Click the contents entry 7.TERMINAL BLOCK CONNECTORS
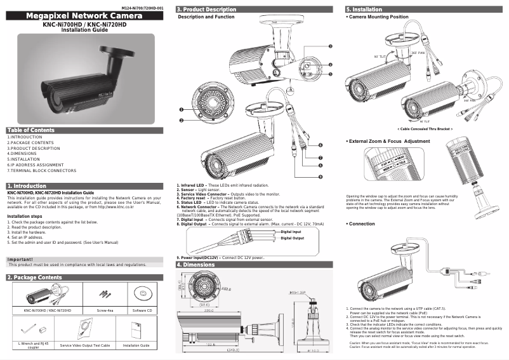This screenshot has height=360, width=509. point(41,171)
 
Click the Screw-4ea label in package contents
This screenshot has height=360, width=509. point(104,310)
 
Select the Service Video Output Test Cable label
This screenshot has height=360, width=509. point(85,345)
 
